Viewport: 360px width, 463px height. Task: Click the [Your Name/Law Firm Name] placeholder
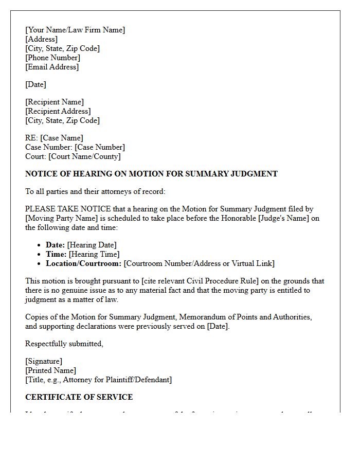75,30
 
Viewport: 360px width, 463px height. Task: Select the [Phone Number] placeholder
52,58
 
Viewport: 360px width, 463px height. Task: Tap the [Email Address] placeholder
52,67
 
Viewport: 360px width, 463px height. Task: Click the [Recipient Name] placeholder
55,102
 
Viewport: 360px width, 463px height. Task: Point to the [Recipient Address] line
58,111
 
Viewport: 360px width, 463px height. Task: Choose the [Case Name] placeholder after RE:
61,138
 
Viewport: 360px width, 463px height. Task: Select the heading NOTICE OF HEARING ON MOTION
151,174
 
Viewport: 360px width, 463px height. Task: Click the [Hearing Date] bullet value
92,245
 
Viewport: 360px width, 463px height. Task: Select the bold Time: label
56,254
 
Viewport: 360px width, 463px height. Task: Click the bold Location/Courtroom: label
83,263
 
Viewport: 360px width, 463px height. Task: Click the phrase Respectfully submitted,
64,344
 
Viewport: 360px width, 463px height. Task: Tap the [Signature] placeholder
44,361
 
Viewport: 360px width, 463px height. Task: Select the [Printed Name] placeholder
50,370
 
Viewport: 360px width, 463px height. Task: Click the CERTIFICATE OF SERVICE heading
79,397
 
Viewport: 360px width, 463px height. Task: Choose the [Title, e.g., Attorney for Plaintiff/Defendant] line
98,380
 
